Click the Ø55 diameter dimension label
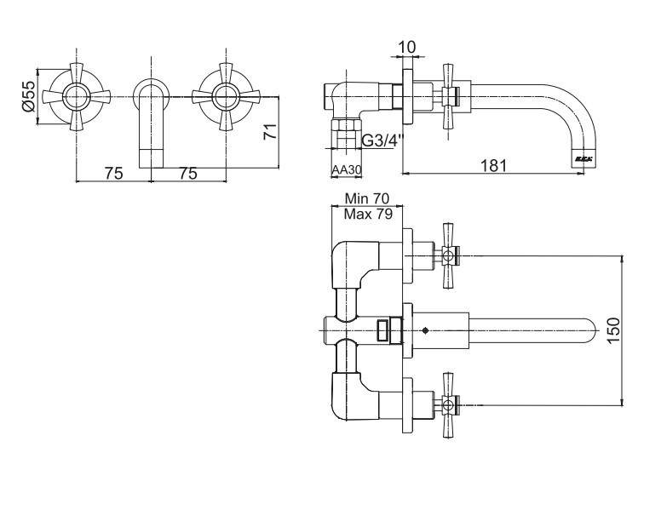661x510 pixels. pos(28,96)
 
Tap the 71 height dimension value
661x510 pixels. pos(270,131)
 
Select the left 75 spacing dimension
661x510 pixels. pos(113,173)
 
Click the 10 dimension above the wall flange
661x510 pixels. pos(407,47)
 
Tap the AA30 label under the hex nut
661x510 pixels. pos(347,170)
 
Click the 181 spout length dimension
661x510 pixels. pos(494,165)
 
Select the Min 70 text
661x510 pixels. pos(367,198)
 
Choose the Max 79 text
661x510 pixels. pos(368,214)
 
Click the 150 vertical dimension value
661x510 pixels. pos(614,330)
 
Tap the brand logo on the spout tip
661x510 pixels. pos(583,159)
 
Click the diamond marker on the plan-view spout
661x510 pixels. pos(425,331)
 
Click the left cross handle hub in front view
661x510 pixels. pos(77,96)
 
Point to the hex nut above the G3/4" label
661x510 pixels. pos(346,126)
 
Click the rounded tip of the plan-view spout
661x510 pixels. pos(590,331)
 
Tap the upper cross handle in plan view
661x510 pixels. pos(449,255)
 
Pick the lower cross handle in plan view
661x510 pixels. pos(449,406)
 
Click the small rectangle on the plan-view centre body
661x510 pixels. pos(383,330)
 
